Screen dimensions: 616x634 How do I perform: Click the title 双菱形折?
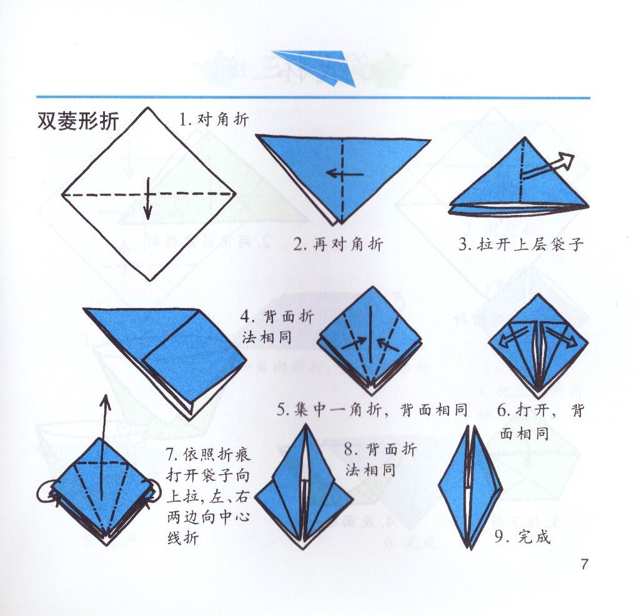[x=77, y=121]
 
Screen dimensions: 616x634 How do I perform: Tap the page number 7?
[x=584, y=564]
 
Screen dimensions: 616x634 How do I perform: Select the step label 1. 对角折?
[x=214, y=119]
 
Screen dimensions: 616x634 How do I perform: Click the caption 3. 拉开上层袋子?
[x=520, y=244]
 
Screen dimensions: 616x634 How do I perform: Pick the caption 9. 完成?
[x=522, y=536]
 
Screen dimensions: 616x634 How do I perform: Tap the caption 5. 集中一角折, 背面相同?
[x=373, y=410]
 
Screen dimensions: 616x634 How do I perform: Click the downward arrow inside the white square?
[x=148, y=198]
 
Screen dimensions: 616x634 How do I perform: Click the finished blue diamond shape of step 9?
[x=470, y=487]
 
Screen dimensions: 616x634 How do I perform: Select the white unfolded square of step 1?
[x=149, y=194]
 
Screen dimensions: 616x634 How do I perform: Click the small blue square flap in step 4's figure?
[x=194, y=359]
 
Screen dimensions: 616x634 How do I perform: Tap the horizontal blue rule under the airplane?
[x=313, y=97]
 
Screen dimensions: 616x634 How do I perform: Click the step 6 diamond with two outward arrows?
[x=538, y=343]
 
